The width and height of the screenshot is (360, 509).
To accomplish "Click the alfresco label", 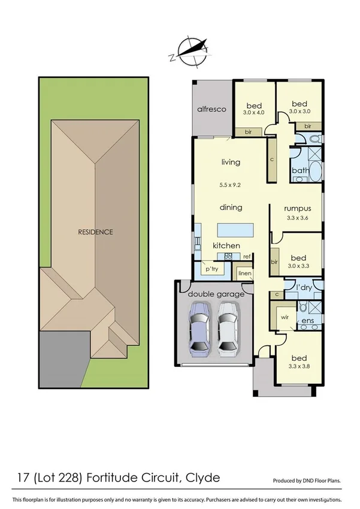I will pyautogui.click(x=211, y=109).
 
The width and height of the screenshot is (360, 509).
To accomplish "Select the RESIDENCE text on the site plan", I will pyautogui.click(x=95, y=231).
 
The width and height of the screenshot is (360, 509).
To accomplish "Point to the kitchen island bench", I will pyautogui.click(x=234, y=230).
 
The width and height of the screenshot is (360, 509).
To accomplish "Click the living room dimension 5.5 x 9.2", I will pyautogui.click(x=231, y=185).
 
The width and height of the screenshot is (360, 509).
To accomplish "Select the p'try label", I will pyautogui.click(x=211, y=269).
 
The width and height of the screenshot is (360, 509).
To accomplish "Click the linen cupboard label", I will pyautogui.click(x=244, y=273).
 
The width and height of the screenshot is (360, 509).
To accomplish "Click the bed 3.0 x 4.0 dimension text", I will pyautogui.click(x=253, y=112).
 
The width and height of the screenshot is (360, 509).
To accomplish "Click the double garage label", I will pyautogui.click(x=216, y=294).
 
